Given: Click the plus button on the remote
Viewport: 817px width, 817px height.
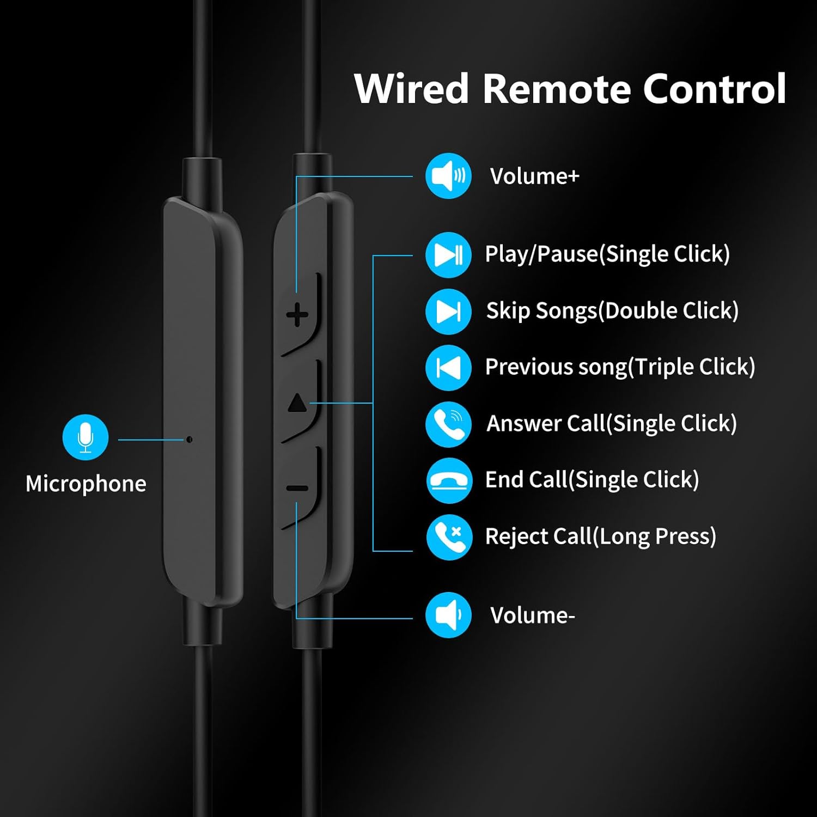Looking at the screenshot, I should (x=297, y=315).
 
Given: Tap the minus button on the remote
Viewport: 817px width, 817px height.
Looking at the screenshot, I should (x=297, y=488).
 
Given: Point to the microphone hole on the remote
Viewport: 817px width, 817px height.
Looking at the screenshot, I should (x=189, y=439).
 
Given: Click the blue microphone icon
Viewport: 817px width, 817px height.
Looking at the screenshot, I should (x=86, y=437).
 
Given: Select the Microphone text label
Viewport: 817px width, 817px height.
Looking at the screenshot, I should (x=86, y=484).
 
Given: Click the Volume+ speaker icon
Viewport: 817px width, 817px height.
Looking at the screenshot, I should (x=448, y=176).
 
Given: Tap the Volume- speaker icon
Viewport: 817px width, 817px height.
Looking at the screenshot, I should (x=448, y=615).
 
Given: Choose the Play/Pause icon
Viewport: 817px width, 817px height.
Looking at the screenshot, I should (x=448, y=254).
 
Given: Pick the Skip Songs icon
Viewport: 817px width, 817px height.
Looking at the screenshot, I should (x=448, y=311).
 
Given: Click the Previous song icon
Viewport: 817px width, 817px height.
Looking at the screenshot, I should (x=448, y=368).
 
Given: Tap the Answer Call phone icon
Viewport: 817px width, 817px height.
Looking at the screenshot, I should (x=448, y=424).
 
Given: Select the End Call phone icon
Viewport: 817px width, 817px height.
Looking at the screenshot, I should (x=448, y=480).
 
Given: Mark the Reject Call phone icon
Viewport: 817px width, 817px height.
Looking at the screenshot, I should (x=448, y=536).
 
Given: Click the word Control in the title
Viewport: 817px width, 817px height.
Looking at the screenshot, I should (x=715, y=89).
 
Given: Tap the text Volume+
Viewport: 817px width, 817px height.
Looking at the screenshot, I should (x=534, y=176).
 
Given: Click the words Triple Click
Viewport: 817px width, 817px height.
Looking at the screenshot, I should (x=692, y=367).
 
